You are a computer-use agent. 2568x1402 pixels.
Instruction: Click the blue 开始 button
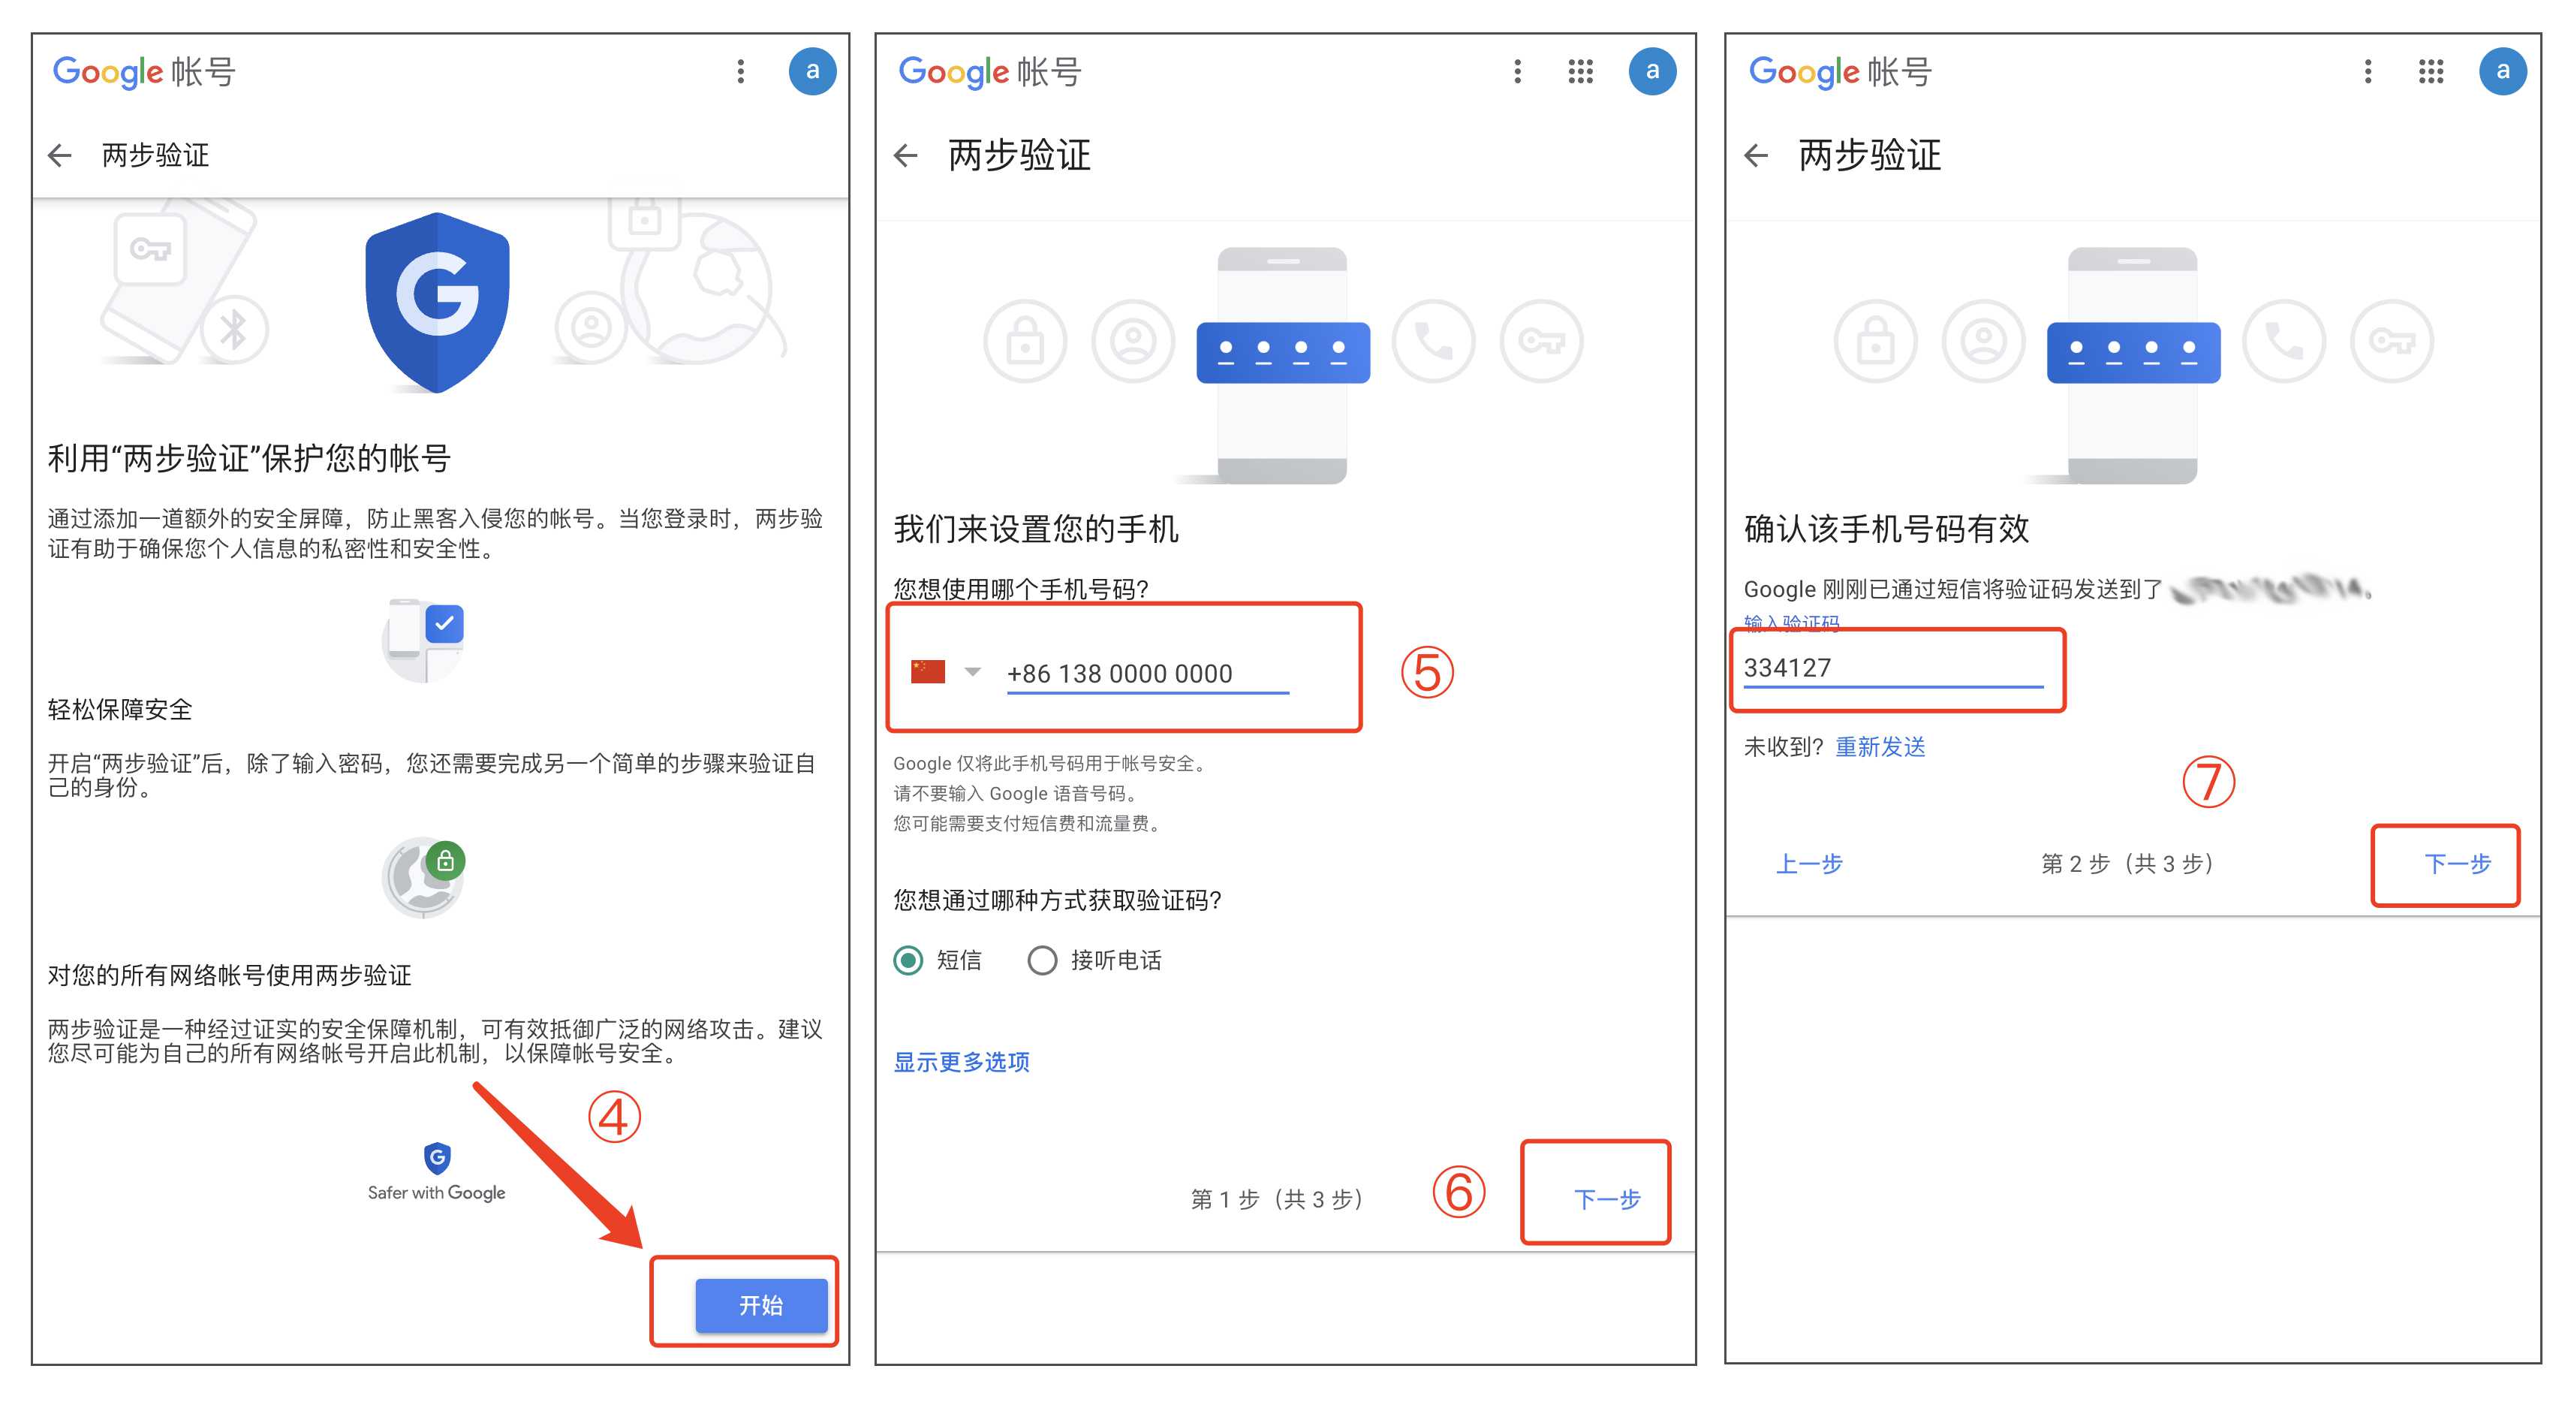click(760, 1304)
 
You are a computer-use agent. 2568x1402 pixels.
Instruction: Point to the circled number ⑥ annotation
click(1459, 1192)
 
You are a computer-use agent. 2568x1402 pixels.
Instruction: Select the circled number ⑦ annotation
click(2208, 782)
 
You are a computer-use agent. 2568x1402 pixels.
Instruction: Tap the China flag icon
click(927, 671)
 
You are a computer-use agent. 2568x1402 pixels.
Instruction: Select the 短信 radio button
click(908, 960)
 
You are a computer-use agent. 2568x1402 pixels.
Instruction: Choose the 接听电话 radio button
click(1042, 960)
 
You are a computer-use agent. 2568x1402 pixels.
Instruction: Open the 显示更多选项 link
click(961, 1062)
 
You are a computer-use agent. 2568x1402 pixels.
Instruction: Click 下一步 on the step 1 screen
click(1606, 1198)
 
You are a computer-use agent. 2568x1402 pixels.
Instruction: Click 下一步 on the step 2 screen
click(2456, 864)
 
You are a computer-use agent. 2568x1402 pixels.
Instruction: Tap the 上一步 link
click(1808, 864)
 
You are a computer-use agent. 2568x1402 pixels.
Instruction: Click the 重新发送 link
click(1880, 747)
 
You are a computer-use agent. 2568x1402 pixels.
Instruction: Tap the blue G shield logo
click(438, 299)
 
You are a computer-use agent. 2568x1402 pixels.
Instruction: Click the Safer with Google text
click(437, 1192)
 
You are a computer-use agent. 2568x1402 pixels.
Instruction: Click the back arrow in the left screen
click(61, 155)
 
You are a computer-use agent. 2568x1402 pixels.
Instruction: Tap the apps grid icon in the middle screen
click(1580, 71)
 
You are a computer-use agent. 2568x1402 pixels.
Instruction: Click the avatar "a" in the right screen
click(2502, 71)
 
